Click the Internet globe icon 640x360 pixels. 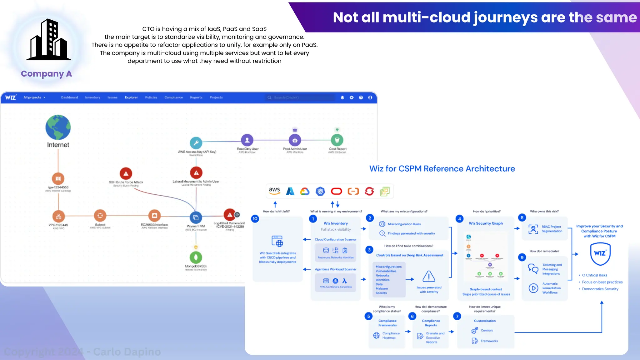[x=58, y=127]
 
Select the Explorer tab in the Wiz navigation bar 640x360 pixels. [x=131, y=97]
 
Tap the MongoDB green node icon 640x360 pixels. [x=196, y=257]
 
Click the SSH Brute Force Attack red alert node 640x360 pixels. [x=126, y=173]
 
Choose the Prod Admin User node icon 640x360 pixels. [x=295, y=140]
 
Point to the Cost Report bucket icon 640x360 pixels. [x=337, y=140]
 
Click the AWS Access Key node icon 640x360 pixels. [x=196, y=143]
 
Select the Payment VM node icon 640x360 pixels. [x=196, y=217]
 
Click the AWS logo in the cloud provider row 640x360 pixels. [x=274, y=191]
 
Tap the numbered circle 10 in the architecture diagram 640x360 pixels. [x=255, y=218]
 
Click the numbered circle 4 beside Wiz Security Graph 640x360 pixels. [x=459, y=219]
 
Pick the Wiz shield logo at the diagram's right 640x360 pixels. [x=600, y=253]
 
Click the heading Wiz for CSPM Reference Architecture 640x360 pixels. [x=442, y=169]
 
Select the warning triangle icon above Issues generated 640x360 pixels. [x=429, y=277]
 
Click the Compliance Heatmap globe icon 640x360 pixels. [x=377, y=335]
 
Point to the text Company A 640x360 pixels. [x=46, y=74]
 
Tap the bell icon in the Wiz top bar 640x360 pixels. [x=342, y=97]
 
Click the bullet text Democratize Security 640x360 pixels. [x=600, y=289]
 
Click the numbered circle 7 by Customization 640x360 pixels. [x=457, y=316]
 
